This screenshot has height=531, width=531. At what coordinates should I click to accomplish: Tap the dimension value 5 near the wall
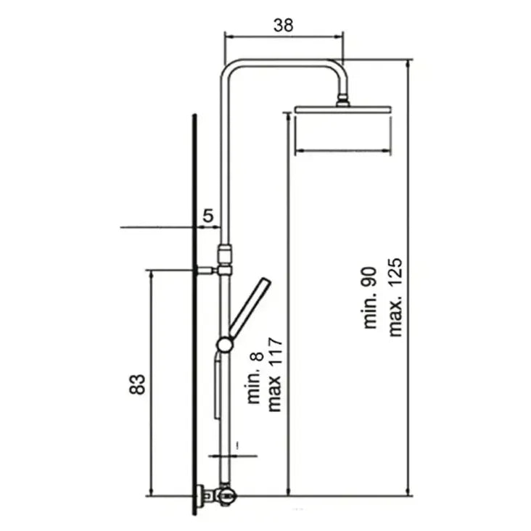[x=208, y=215]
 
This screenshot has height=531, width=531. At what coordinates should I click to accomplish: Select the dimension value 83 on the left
[x=139, y=384]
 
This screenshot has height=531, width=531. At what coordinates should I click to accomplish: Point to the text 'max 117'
[x=275, y=375]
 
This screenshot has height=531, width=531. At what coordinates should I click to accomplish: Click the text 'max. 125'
[x=395, y=297]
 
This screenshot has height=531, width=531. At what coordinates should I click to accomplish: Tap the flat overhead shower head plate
[x=344, y=110]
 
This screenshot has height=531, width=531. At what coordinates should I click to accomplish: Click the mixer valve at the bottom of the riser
[x=226, y=495]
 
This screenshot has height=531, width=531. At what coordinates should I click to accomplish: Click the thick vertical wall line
[x=194, y=312]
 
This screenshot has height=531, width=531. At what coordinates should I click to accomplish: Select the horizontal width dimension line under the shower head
[x=344, y=151]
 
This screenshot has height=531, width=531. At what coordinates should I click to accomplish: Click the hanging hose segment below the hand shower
[x=216, y=388]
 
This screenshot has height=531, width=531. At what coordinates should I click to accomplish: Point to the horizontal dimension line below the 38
[x=284, y=36]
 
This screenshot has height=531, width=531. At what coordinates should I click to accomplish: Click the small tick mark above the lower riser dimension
[x=237, y=441]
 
